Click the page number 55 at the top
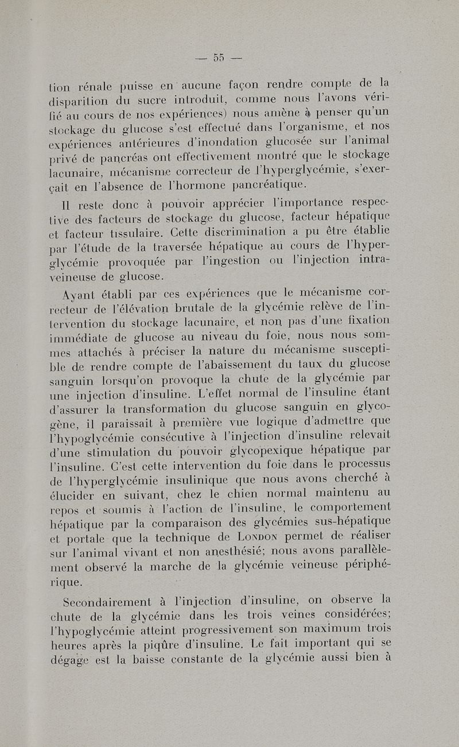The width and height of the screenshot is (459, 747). (x=217, y=57)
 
